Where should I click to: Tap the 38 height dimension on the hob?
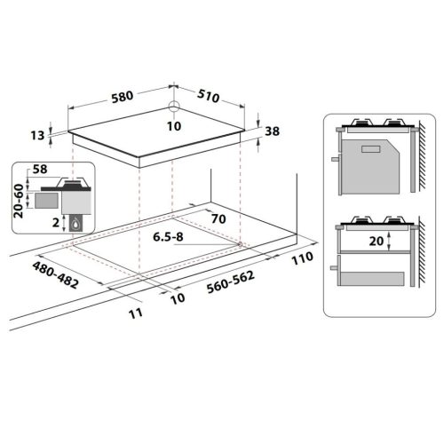(x=273, y=131)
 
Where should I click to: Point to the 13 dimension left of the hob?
(x=36, y=135)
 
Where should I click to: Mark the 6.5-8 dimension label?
(x=169, y=238)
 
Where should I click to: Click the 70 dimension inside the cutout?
(x=219, y=217)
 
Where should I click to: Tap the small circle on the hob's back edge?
(x=174, y=108)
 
